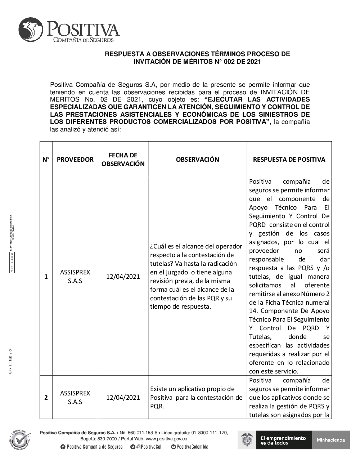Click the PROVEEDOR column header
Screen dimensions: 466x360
[75, 159]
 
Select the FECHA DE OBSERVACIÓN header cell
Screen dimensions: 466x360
[123, 159]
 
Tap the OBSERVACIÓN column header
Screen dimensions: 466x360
[197, 159]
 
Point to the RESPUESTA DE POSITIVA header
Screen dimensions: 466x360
[289, 159]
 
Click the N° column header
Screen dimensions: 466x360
[46, 159]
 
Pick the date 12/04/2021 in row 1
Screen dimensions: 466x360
[123, 277]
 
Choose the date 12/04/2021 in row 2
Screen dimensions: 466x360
[123, 398]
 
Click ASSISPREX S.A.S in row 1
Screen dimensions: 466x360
[75, 277]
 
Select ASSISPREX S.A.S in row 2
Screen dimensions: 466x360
[75, 398]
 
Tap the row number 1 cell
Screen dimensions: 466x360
[46, 277]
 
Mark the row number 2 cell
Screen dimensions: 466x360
[46, 398]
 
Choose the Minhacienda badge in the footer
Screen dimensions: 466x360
[331, 440]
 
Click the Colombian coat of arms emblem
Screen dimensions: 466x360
[247, 440]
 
